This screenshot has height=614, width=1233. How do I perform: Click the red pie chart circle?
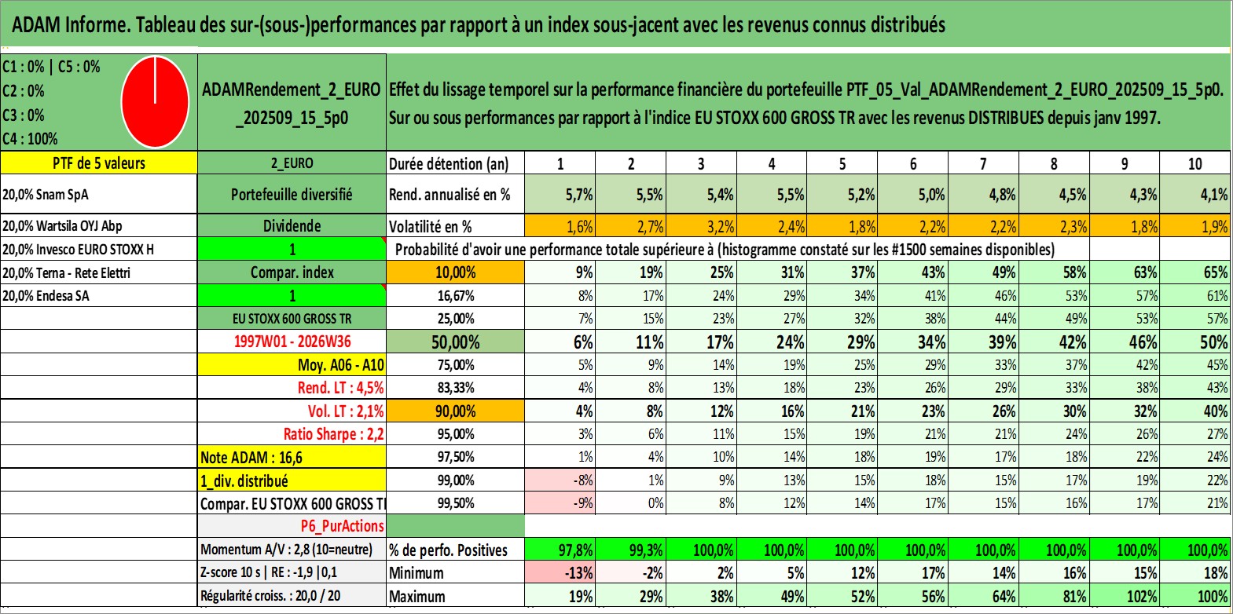pos(155,102)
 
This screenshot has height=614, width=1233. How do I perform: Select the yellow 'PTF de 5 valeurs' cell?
pos(99,163)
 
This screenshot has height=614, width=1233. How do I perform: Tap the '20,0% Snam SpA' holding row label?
pos(45,194)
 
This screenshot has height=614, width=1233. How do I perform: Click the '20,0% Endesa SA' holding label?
pos(46,296)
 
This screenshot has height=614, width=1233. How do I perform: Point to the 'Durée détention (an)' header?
pos(449,163)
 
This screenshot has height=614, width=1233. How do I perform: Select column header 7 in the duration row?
pos(983,163)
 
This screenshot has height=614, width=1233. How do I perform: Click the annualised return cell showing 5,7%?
pos(560,194)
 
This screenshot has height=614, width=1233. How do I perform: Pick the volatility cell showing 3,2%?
pos(701,226)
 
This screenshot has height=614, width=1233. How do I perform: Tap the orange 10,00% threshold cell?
pos(455,272)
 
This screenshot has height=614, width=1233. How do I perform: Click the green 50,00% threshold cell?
pos(455,342)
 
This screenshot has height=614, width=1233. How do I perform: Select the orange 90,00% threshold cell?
pos(455,411)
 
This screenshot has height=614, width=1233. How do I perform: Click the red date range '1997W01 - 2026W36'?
pos(292,342)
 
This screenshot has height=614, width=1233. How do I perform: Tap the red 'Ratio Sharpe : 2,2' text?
pos(333,434)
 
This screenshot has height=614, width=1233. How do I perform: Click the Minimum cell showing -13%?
pos(560,572)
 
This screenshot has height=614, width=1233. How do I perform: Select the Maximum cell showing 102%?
pos(1125,596)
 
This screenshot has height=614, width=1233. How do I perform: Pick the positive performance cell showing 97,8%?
pos(560,550)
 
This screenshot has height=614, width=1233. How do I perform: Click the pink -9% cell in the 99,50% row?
pos(560,503)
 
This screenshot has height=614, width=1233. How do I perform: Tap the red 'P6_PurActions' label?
pos(343,526)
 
